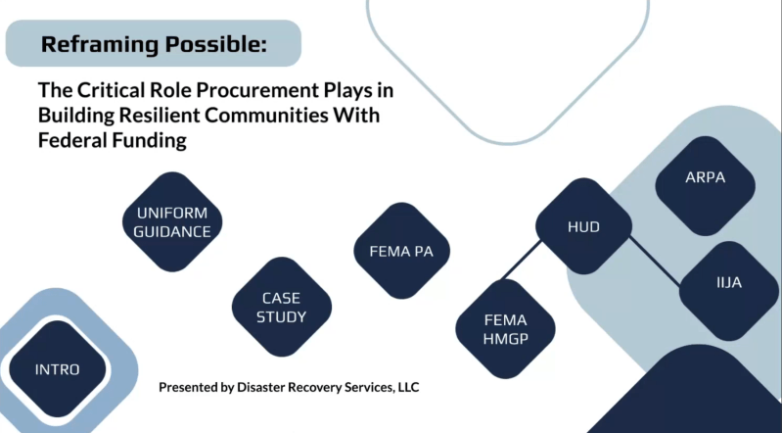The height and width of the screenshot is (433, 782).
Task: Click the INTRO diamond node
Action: (x=57, y=369)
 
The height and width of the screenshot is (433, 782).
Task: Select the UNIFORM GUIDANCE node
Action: (x=173, y=222)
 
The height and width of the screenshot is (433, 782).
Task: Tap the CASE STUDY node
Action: (x=281, y=308)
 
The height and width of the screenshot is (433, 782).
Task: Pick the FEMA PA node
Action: (x=401, y=250)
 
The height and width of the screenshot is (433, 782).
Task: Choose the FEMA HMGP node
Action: (x=505, y=329)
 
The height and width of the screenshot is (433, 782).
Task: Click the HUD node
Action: (x=583, y=227)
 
